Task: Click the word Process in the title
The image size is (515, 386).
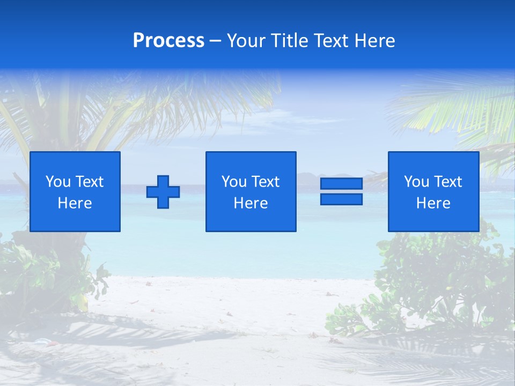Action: pyautogui.click(x=168, y=41)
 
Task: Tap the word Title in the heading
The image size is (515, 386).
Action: pyautogui.click(x=290, y=41)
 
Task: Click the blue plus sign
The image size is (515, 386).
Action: pyautogui.click(x=163, y=192)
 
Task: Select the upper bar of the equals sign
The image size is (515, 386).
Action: pyautogui.click(x=341, y=184)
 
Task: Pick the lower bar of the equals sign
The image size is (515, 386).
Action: pyautogui.click(x=341, y=199)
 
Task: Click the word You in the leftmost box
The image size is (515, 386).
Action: pyautogui.click(x=58, y=182)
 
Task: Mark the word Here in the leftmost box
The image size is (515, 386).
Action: pyautogui.click(x=75, y=203)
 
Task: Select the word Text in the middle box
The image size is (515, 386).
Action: pyautogui.click(x=265, y=182)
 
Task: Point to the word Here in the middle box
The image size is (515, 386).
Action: pyautogui.click(x=251, y=203)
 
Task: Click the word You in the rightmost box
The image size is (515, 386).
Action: pyautogui.click(x=416, y=182)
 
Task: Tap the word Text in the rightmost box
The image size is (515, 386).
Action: pyautogui.click(x=447, y=182)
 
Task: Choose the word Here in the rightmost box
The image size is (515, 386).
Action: pyautogui.click(x=433, y=203)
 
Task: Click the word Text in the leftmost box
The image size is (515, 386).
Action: pyautogui.click(x=89, y=182)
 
